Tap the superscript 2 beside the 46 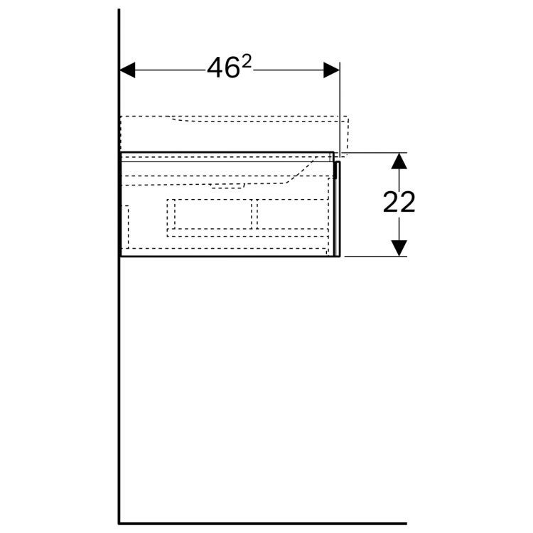[x=247, y=62]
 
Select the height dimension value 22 [x=399, y=203]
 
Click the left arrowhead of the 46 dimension [x=127, y=70]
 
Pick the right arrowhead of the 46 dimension [x=331, y=70]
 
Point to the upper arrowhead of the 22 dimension [x=399, y=161]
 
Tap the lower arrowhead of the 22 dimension [x=399, y=248]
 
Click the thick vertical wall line [x=119, y=271]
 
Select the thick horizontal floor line [x=262, y=524]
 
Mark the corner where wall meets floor [x=119, y=524]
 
